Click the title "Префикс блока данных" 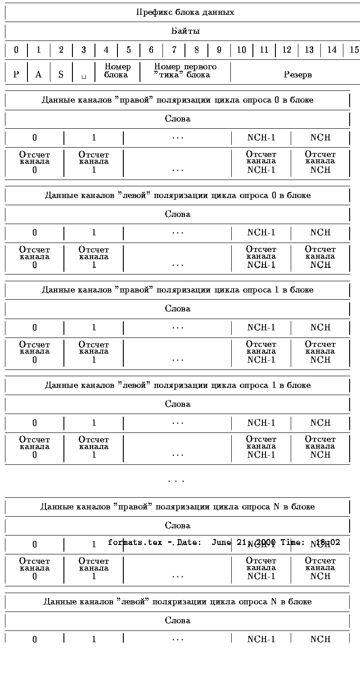click(x=185, y=12)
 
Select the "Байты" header click(x=185, y=31)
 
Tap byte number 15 click(x=354, y=50)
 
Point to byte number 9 click(x=219, y=50)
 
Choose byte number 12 click(x=286, y=50)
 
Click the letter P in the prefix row click(x=16, y=74)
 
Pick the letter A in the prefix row click(x=39, y=74)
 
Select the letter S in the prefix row click(x=61, y=74)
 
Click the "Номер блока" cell click(x=117, y=71)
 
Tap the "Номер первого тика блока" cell click(x=185, y=71)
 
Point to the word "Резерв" click(x=297, y=74)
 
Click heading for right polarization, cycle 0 click(x=177, y=100)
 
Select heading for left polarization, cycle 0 click(x=177, y=195)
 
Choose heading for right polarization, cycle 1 click(x=177, y=290)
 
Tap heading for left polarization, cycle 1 click(x=177, y=385)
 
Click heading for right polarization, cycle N click(x=177, y=507)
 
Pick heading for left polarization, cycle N click(x=177, y=602)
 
